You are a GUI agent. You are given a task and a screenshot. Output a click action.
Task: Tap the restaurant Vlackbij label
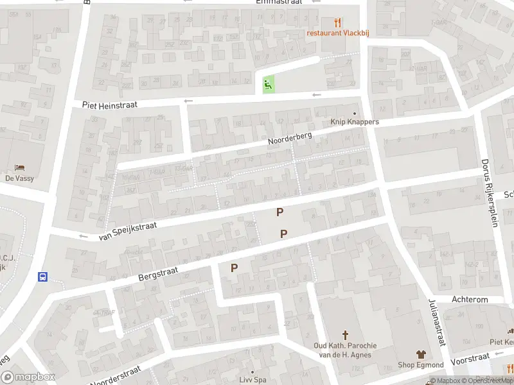[x=333, y=33]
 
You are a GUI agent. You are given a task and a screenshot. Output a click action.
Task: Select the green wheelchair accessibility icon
[x=268, y=83]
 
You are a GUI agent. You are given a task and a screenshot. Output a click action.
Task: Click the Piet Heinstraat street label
[x=109, y=104]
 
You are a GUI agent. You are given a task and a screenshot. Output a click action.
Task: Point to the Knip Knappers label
[x=355, y=122]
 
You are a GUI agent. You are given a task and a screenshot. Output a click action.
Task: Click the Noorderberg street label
[x=290, y=139]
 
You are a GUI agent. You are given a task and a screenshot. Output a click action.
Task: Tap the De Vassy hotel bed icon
[x=19, y=168]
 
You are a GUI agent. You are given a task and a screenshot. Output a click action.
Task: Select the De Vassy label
[x=19, y=178]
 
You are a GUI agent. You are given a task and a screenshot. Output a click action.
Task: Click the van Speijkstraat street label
[x=128, y=228]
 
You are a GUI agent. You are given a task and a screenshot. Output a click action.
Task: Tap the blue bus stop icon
[x=43, y=277]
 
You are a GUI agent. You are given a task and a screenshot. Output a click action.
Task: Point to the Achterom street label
[x=470, y=300]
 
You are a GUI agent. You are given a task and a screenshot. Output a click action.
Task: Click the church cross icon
[x=345, y=335]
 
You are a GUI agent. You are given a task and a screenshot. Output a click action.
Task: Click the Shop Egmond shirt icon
[x=421, y=354]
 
